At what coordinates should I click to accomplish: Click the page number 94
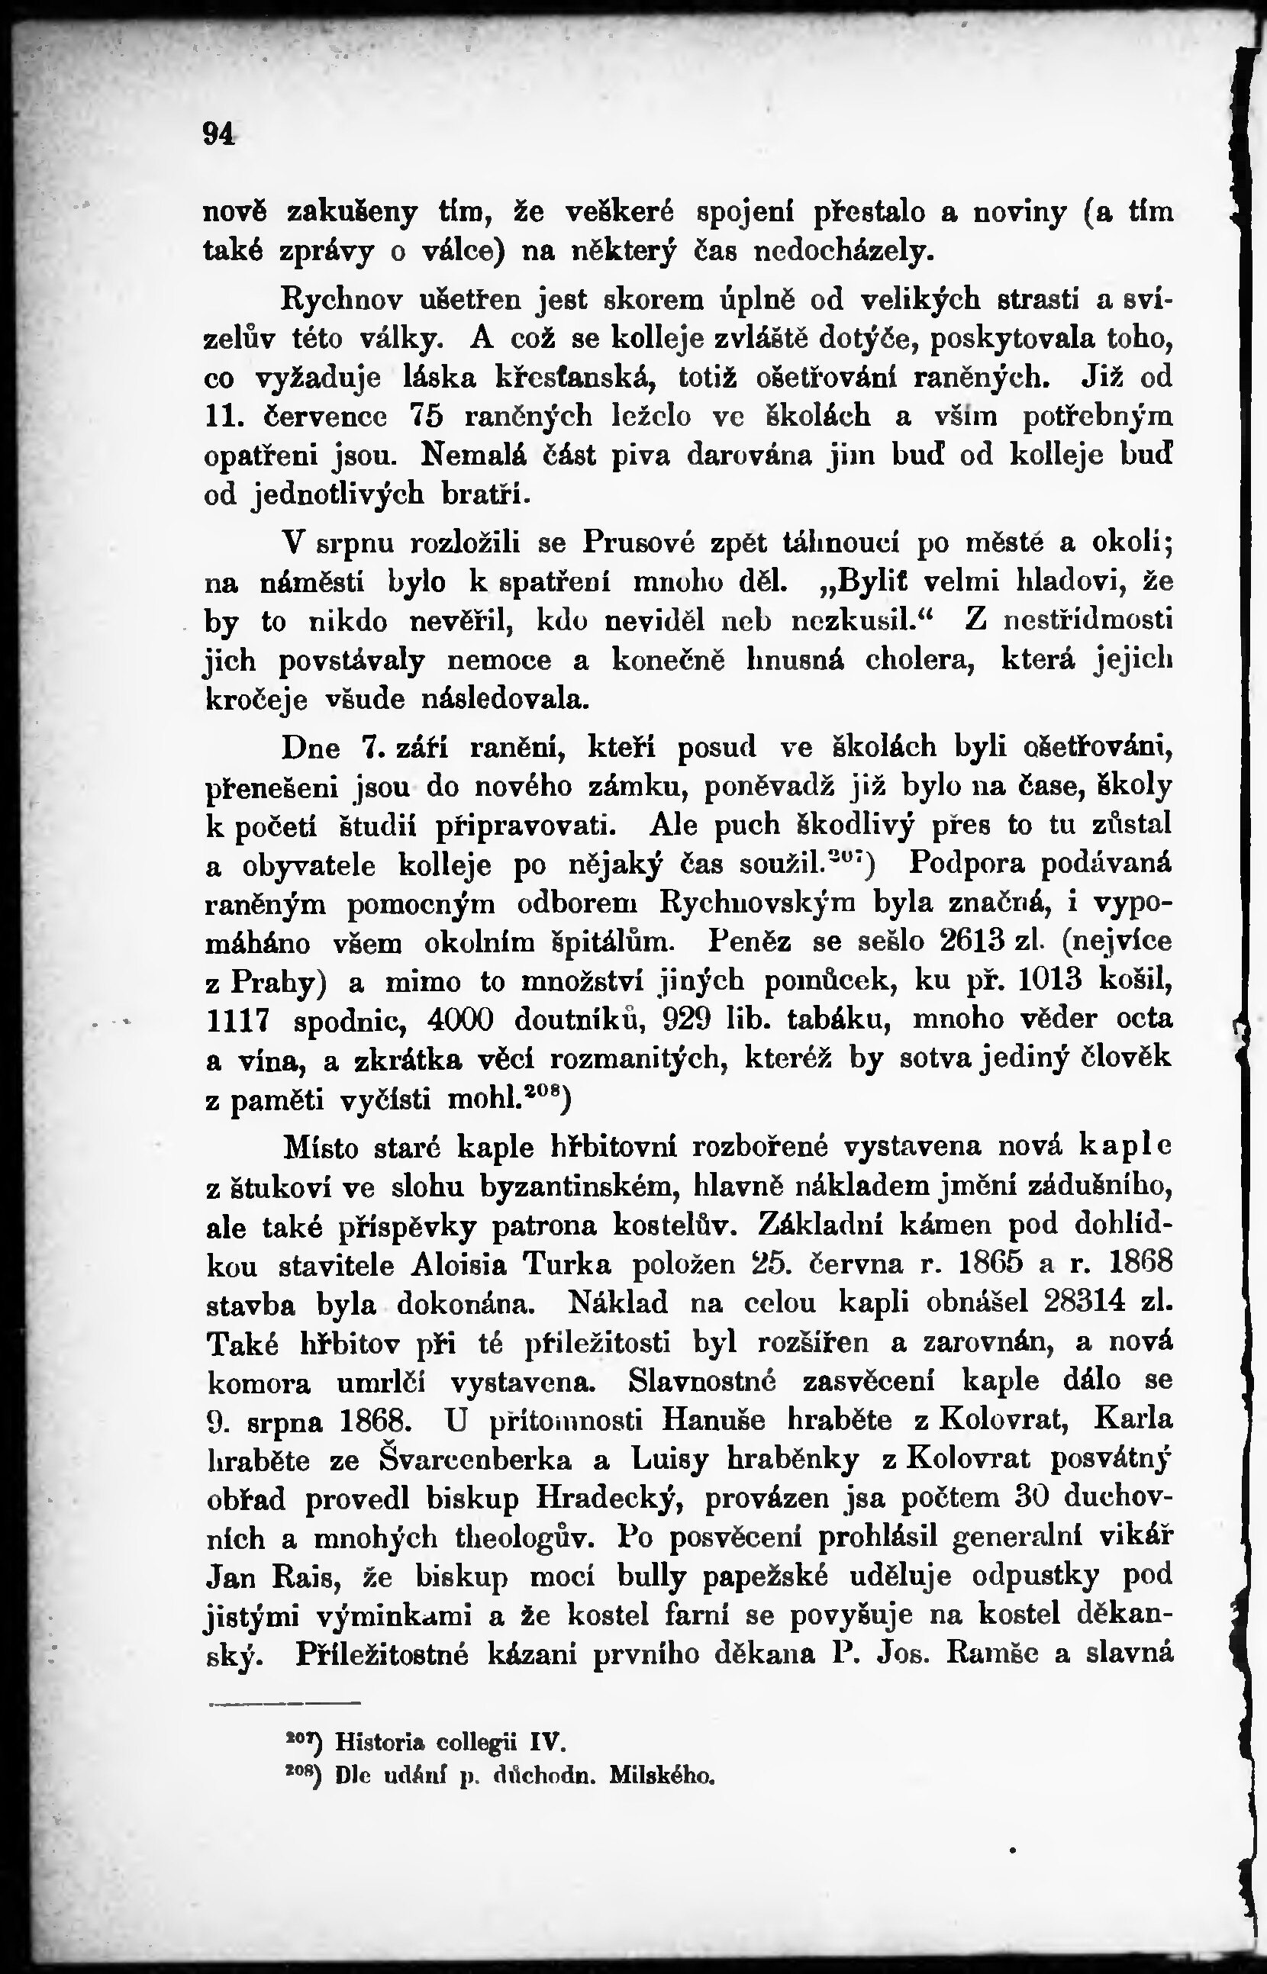pos(219,134)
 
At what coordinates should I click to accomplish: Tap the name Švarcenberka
pos(476,1459)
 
